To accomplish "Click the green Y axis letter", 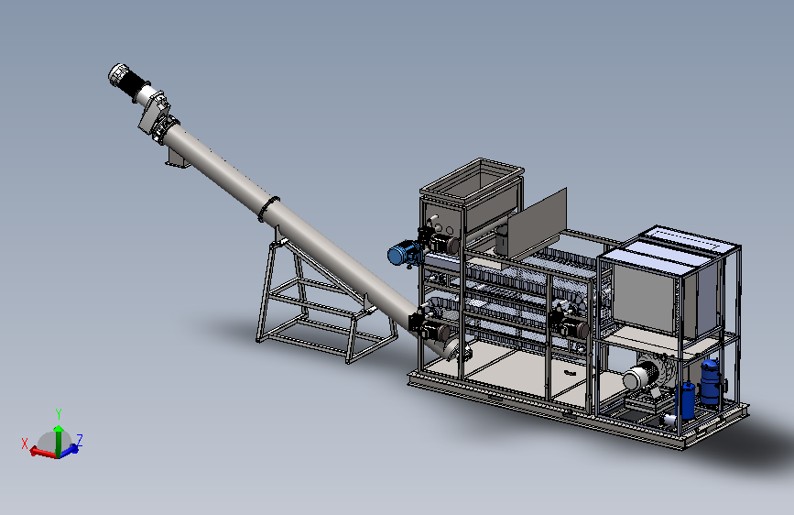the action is click(x=59, y=414).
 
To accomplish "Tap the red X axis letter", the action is click(x=25, y=444).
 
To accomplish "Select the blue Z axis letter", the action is click(x=80, y=440).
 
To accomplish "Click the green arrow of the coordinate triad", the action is click(x=59, y=441).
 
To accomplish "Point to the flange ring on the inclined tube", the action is click(x=269, y=208).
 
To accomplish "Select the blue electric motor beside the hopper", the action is click(x=404, y=253).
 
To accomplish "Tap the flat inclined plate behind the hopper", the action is click(x=538, y=223).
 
